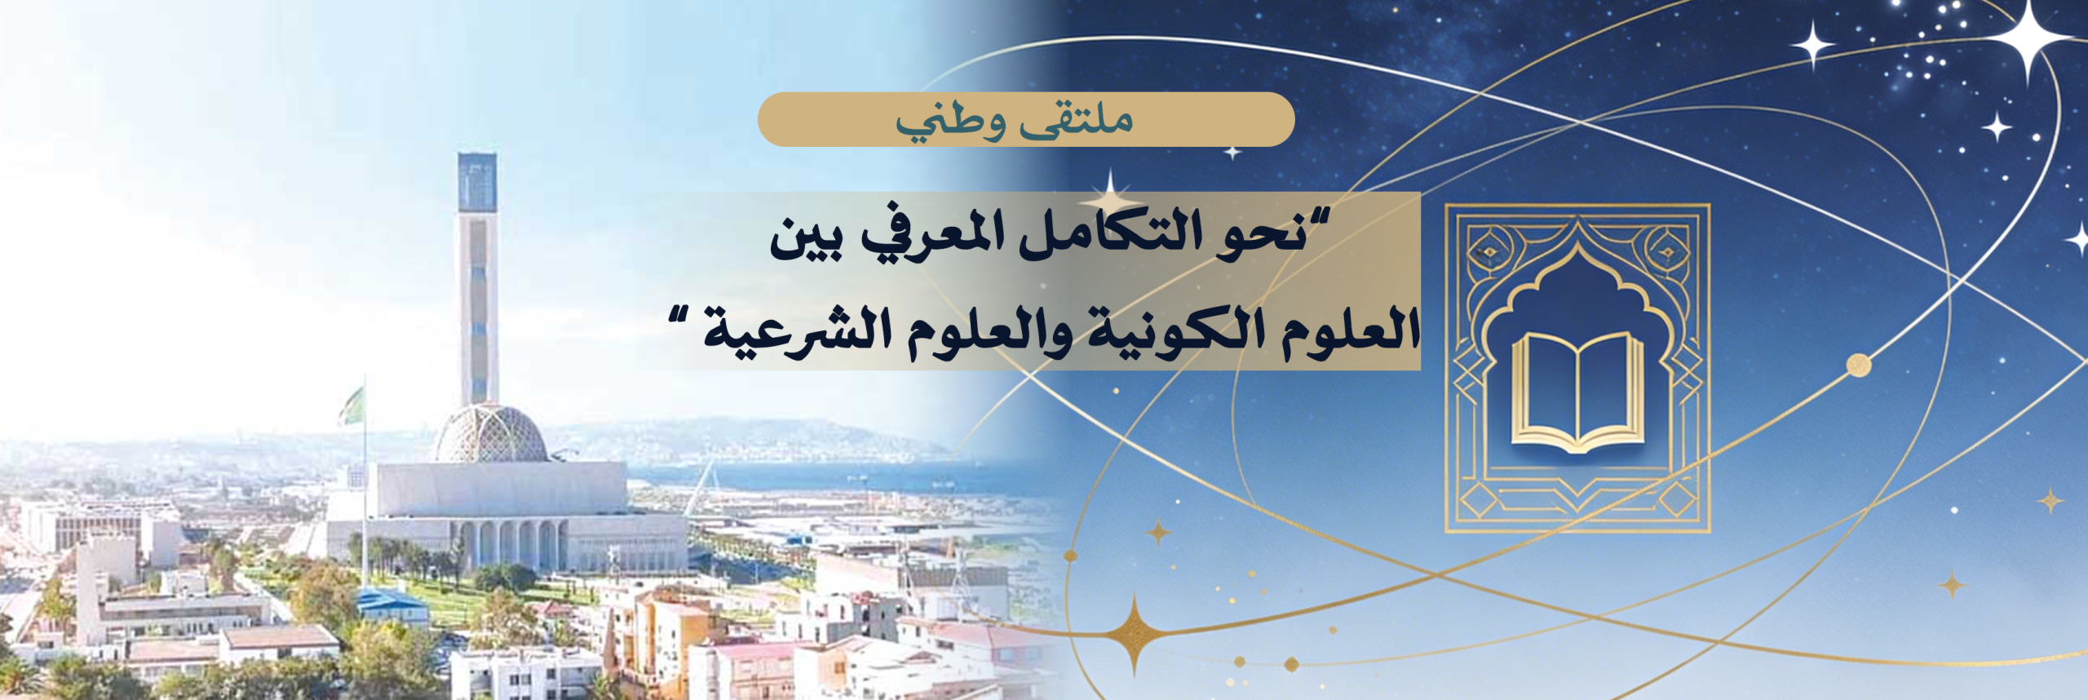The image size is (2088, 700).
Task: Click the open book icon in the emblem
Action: (1577, 392)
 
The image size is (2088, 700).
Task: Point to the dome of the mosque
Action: (490, 433)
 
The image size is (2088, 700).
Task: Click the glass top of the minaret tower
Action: (476, 182)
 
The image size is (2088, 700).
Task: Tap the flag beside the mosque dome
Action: (353, 405)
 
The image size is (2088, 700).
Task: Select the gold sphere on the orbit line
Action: (1858, 365)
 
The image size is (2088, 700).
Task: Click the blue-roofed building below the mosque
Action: (391, 603)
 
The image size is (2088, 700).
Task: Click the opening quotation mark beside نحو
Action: (1318, 219)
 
